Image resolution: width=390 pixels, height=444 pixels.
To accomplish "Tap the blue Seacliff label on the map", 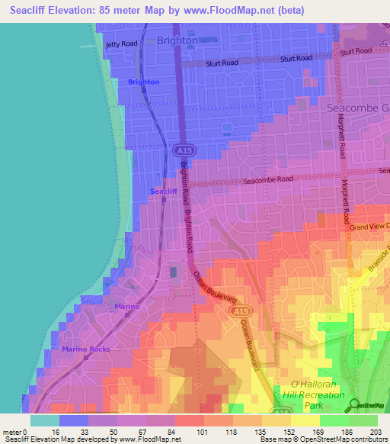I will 164,191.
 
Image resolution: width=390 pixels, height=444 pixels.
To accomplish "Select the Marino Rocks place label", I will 86,349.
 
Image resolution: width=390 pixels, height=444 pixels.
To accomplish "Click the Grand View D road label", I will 369,227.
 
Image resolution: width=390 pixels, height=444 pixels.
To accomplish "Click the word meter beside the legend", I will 14,433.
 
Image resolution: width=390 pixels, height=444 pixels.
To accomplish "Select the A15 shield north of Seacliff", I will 182,149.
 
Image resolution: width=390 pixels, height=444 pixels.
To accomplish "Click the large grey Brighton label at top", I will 177,40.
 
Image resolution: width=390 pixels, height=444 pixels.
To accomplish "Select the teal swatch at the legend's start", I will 45,420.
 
